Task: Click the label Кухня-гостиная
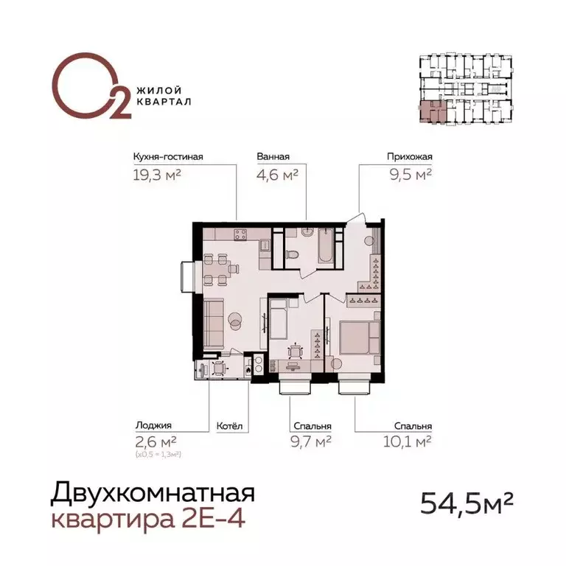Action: [x=167, y=156]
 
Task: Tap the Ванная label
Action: [x=273, y=156]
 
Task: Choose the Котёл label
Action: [x=229, y=426]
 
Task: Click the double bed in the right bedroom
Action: [x=360, y=340]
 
